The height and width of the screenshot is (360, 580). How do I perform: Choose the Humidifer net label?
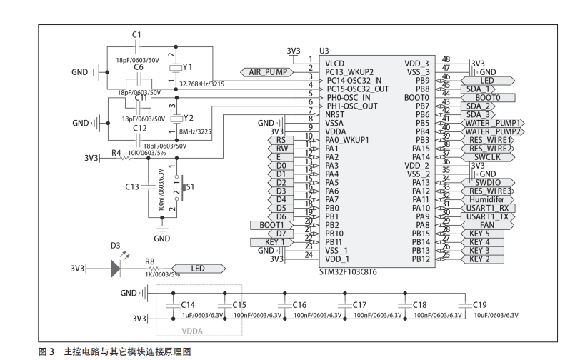[x=487, y=199]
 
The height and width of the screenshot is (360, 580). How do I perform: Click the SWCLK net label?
[x=487, y=156]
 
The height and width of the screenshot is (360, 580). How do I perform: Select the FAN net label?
[x=487, y=225]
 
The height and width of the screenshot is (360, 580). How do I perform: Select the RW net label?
[x=281, y=149]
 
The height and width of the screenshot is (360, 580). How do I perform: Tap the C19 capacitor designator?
[x=479, y=305]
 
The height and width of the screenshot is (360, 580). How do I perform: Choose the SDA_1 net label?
[x=478, y=89]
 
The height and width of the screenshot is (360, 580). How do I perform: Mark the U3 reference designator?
[x=324, y=51]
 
